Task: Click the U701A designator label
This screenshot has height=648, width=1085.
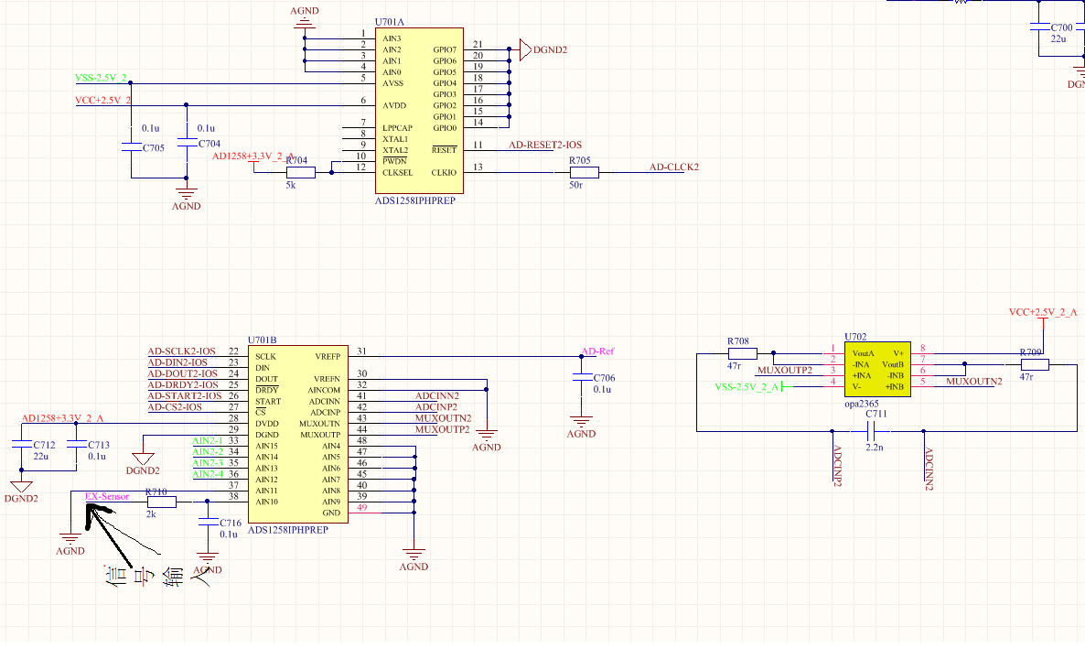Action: (391, 21)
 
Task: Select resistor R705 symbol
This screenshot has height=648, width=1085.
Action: (584, 172)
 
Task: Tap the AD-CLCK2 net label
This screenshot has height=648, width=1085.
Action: (674, 167)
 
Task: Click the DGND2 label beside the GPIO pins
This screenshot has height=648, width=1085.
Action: (550, 49)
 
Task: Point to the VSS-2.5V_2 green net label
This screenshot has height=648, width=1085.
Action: (101, 78)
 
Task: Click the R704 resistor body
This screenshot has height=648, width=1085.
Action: (300, 172)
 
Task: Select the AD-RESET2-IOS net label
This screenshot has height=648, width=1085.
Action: (545, 145)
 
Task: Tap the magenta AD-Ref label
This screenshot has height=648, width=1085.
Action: (598, 351)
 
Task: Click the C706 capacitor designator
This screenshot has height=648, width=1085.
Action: (604, 378)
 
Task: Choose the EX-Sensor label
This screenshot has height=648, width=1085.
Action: (107, 496)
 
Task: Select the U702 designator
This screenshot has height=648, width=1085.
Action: (855, 337)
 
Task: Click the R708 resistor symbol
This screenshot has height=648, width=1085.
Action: (742, 353)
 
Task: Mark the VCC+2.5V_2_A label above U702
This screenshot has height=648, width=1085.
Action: (1043, 312)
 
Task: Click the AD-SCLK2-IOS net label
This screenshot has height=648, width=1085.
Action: (182, 351)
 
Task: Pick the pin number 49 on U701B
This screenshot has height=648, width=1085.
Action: (362, 508)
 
